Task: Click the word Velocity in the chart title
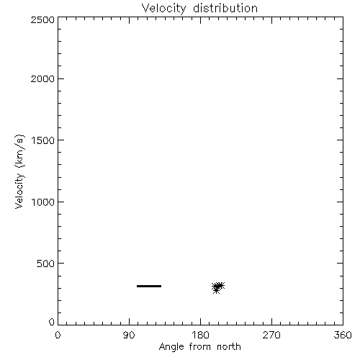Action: [x=163, y=9]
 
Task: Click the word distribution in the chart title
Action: [x=225, y=8]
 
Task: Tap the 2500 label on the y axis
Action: [x=42, y=19]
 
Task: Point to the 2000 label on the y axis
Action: [x=42, y=78]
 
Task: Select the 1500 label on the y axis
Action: [x=43, y=140]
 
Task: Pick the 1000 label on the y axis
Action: [x=43, y=202]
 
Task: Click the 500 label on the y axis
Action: [x=45, y=264]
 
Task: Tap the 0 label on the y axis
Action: [x=52, y=322]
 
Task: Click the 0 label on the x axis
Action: [x=58, y=335]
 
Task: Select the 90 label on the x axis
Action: [x=129, y=335]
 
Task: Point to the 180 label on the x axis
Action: [x=200, y=335]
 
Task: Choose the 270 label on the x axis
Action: [x=271, y=335]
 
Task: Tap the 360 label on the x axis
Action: [x=343, y=335]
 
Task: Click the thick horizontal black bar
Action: [x=149, y=286]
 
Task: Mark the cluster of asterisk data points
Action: [x=218, y=287]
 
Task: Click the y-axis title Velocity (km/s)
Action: [x=19, y=171]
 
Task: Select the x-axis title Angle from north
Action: [x=200, y=347]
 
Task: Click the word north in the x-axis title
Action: [x=229, y=347]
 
